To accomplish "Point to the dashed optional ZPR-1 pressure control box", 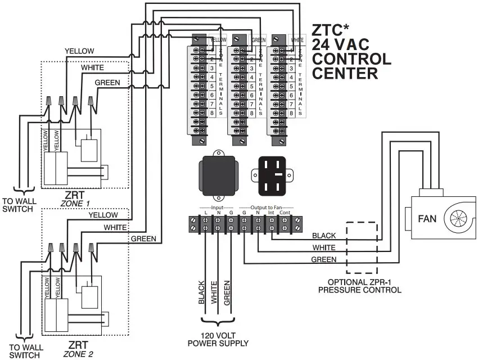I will [362, 249].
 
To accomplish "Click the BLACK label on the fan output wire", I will [324, 235].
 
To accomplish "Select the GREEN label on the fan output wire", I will [324, 259].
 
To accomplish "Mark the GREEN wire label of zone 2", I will [143, 238].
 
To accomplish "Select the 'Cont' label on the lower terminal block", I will [285, 213].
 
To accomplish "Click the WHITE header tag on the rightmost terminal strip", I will [297, 40].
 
